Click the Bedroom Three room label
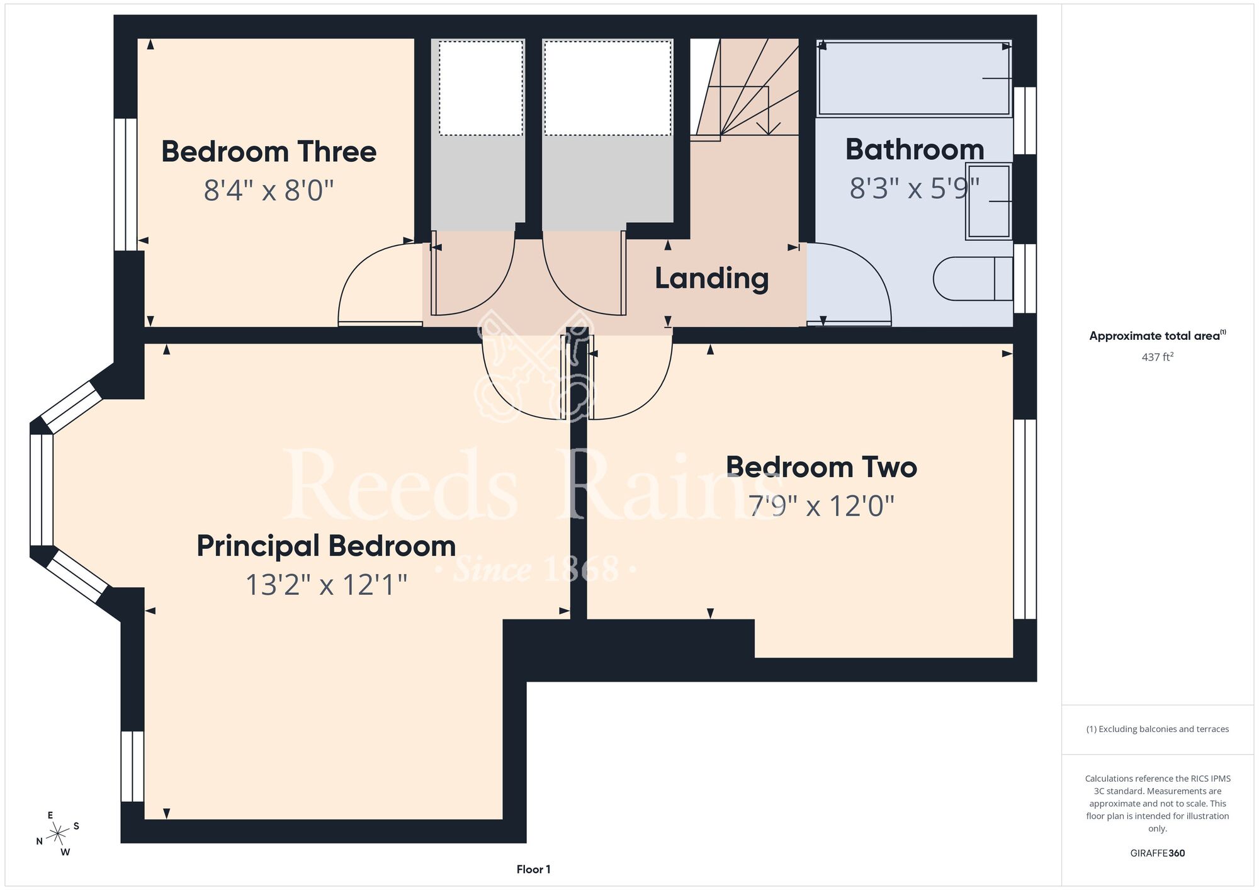269,152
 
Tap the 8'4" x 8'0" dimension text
269,189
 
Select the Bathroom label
915,149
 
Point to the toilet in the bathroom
973,278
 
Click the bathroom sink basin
989,201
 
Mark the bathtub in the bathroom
914,79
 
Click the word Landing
711,278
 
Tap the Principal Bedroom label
326,546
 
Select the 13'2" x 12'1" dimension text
326,585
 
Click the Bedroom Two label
821,467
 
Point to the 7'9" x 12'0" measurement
821,505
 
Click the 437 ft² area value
1158,357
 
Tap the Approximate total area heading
1158,335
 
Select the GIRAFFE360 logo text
1158,853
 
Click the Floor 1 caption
533,869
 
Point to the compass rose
58,834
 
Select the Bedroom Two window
1025,519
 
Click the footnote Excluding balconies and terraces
1158,729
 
